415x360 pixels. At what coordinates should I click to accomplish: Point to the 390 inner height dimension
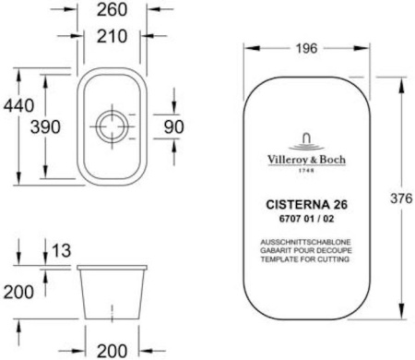48,128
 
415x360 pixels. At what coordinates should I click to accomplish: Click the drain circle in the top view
111,126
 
